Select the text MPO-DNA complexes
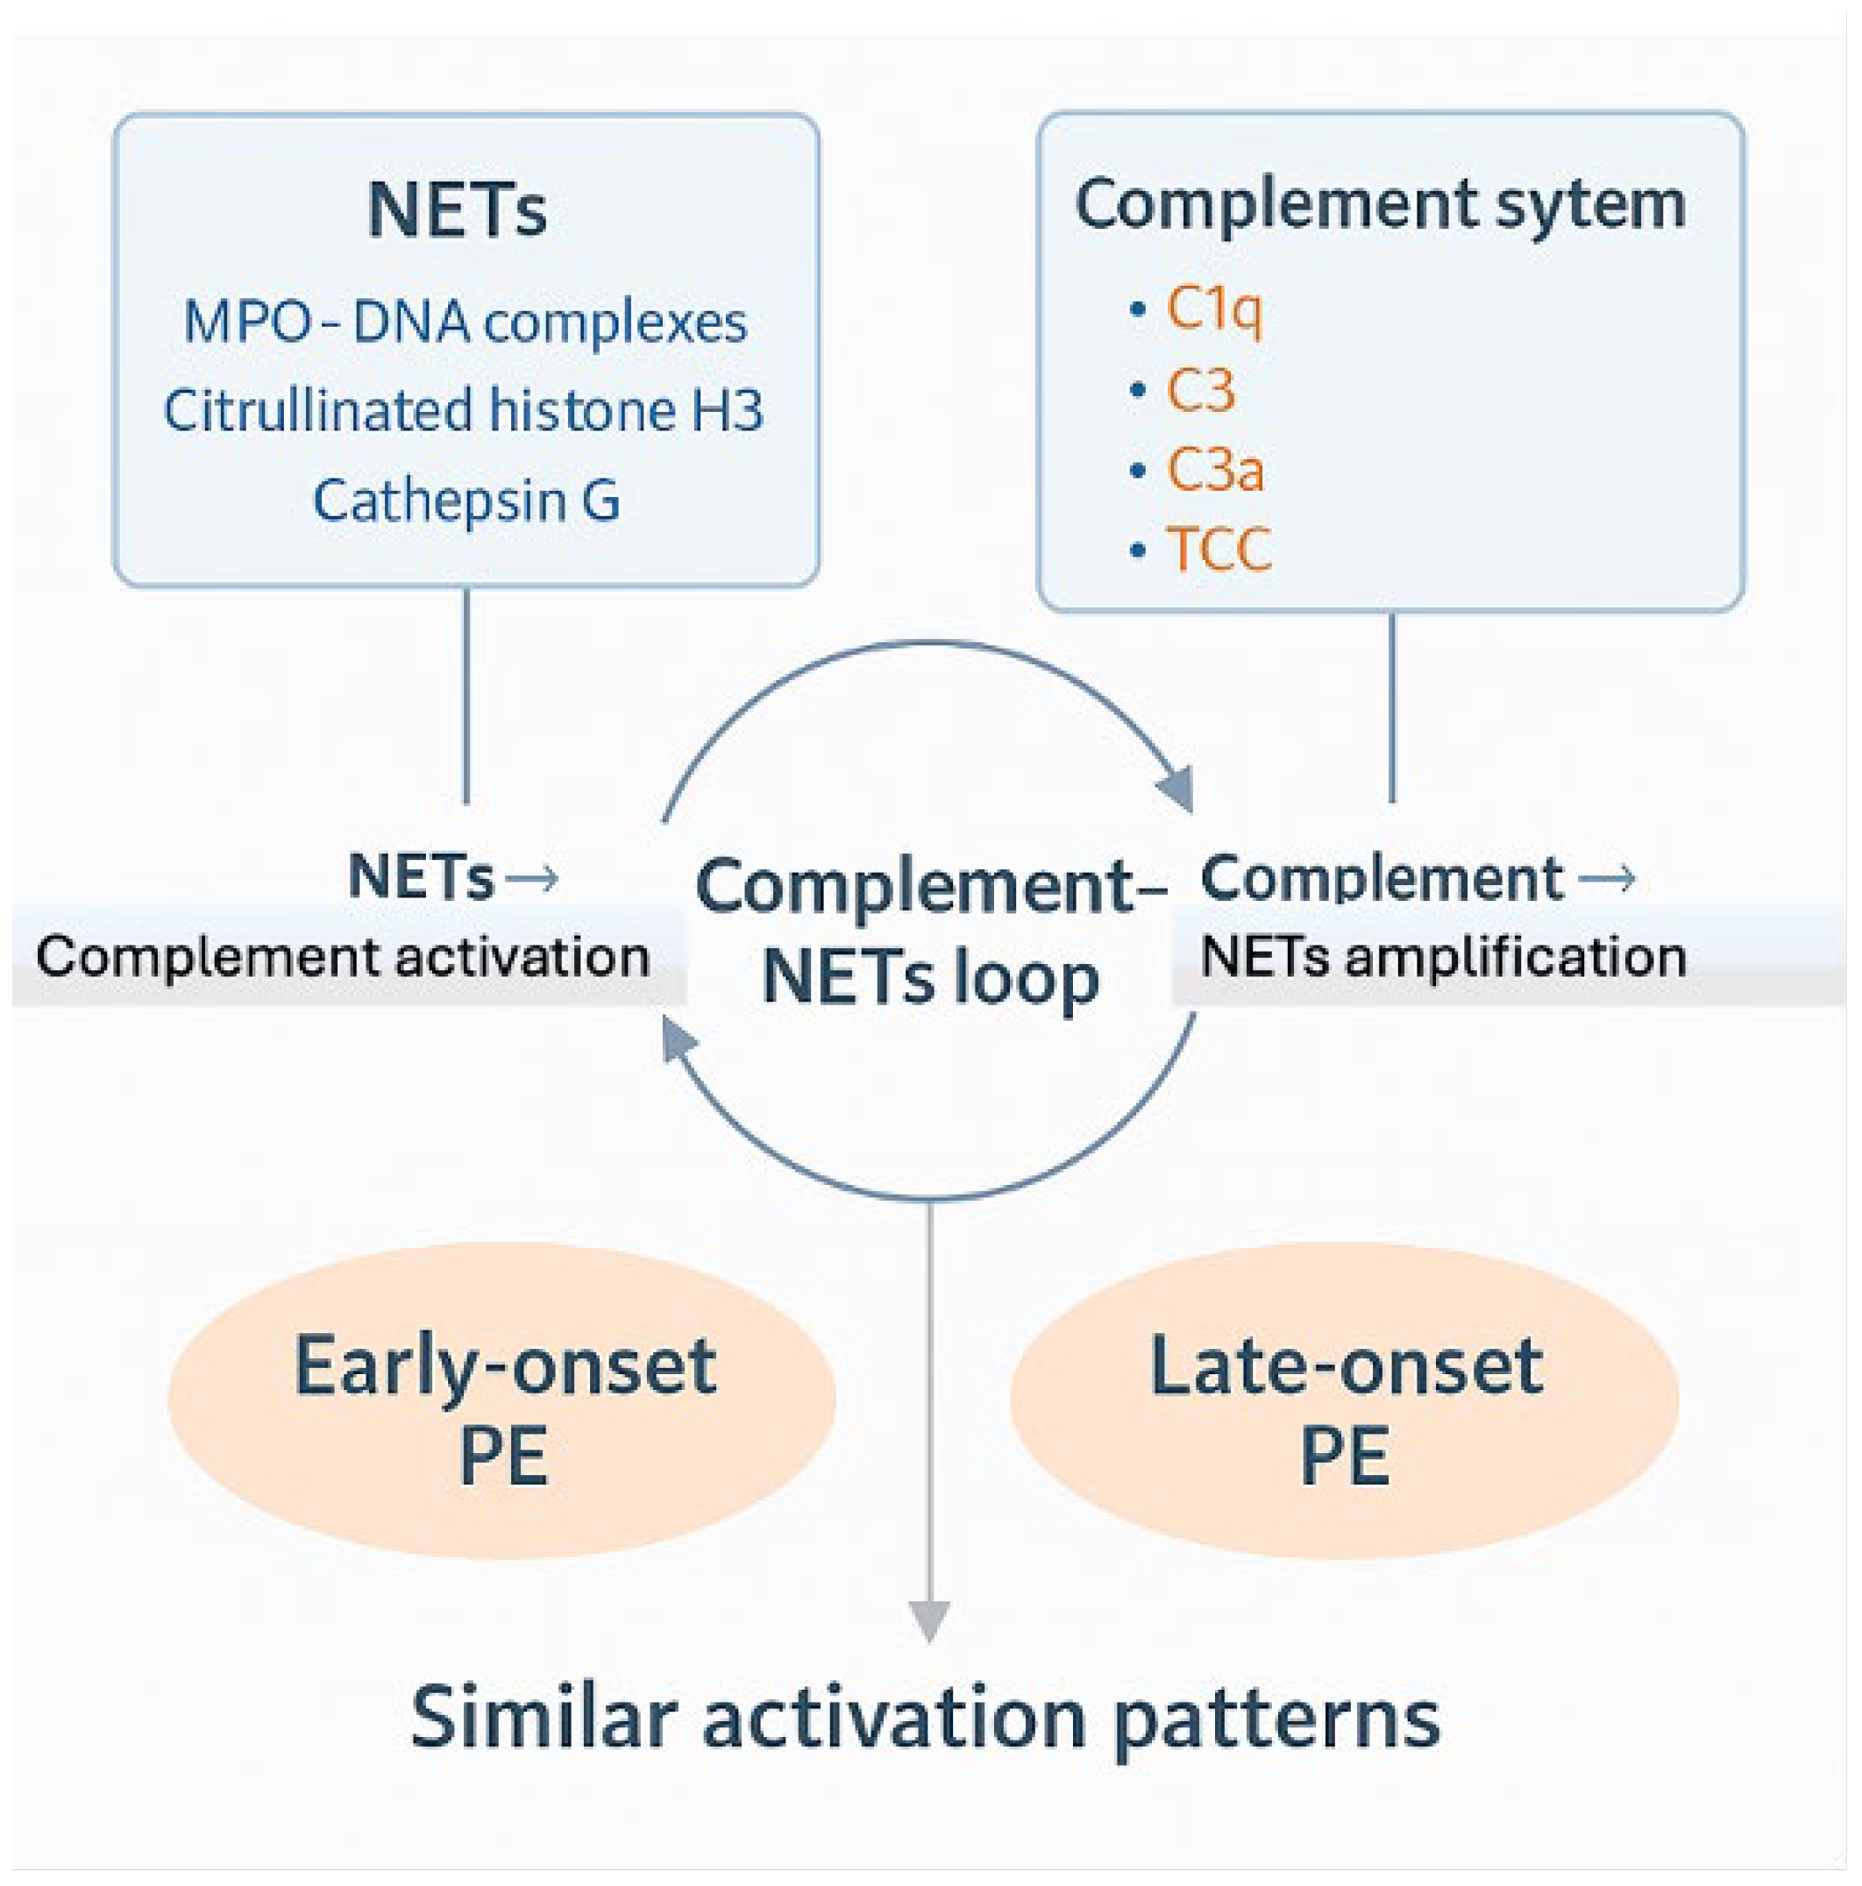465,323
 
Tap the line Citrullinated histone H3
463,410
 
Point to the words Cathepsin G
465,500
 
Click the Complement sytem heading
1380,204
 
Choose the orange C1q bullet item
1213,309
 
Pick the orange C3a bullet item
1215,470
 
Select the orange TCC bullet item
1219,549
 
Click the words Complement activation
343,957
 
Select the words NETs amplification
1442,957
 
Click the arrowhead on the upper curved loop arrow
1176,788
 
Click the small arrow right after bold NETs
533,877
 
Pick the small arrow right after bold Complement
1607,878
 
